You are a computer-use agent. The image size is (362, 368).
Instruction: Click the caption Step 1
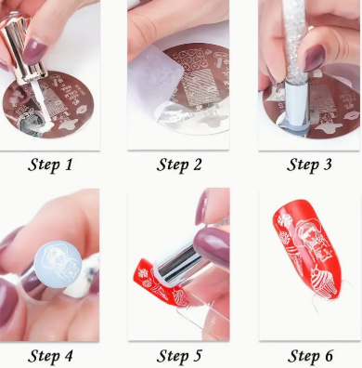50,164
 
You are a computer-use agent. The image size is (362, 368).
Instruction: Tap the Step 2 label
179,164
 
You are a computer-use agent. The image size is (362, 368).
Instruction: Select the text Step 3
309,164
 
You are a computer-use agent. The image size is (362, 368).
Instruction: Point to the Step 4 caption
50,356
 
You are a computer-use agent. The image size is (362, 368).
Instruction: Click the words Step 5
179,356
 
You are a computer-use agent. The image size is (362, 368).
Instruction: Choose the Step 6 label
310,356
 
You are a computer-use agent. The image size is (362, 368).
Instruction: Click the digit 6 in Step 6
328,356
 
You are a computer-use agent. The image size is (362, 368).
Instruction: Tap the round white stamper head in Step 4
58,265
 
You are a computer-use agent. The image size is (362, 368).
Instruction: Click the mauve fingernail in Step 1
34,50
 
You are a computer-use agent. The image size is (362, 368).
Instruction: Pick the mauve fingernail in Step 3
314,58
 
